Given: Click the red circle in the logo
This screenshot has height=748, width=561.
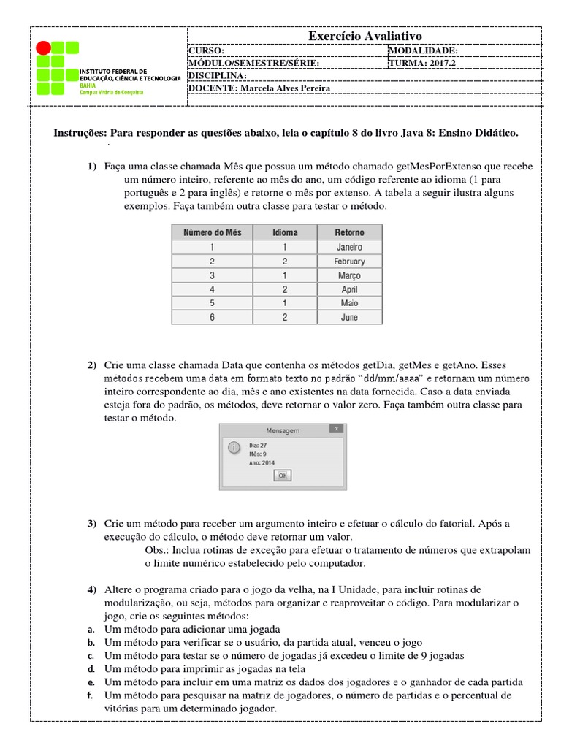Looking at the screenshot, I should click(44, 48).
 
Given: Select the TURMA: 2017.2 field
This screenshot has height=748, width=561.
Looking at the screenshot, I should click(424, 63).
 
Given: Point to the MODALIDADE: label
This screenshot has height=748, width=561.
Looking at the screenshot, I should click(424, 50).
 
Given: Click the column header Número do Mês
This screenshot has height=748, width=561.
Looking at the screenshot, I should click(212, 233).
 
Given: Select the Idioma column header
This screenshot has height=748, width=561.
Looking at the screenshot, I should click(285, 233).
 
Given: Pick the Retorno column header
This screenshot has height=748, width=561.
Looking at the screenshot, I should click(349, 233).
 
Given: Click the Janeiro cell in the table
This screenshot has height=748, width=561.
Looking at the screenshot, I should click(349, 247).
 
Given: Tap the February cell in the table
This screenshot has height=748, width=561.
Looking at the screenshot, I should click(349, 262).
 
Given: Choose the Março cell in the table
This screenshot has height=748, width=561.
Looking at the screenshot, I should click(349, 275).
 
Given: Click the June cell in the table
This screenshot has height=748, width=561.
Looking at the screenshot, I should click(349, 318).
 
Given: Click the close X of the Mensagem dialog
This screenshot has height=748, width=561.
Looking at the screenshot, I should click(335, 429).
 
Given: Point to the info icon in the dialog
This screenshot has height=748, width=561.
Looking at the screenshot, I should click(233, 447).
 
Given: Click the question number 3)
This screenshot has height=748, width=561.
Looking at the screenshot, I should click(91, 524).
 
